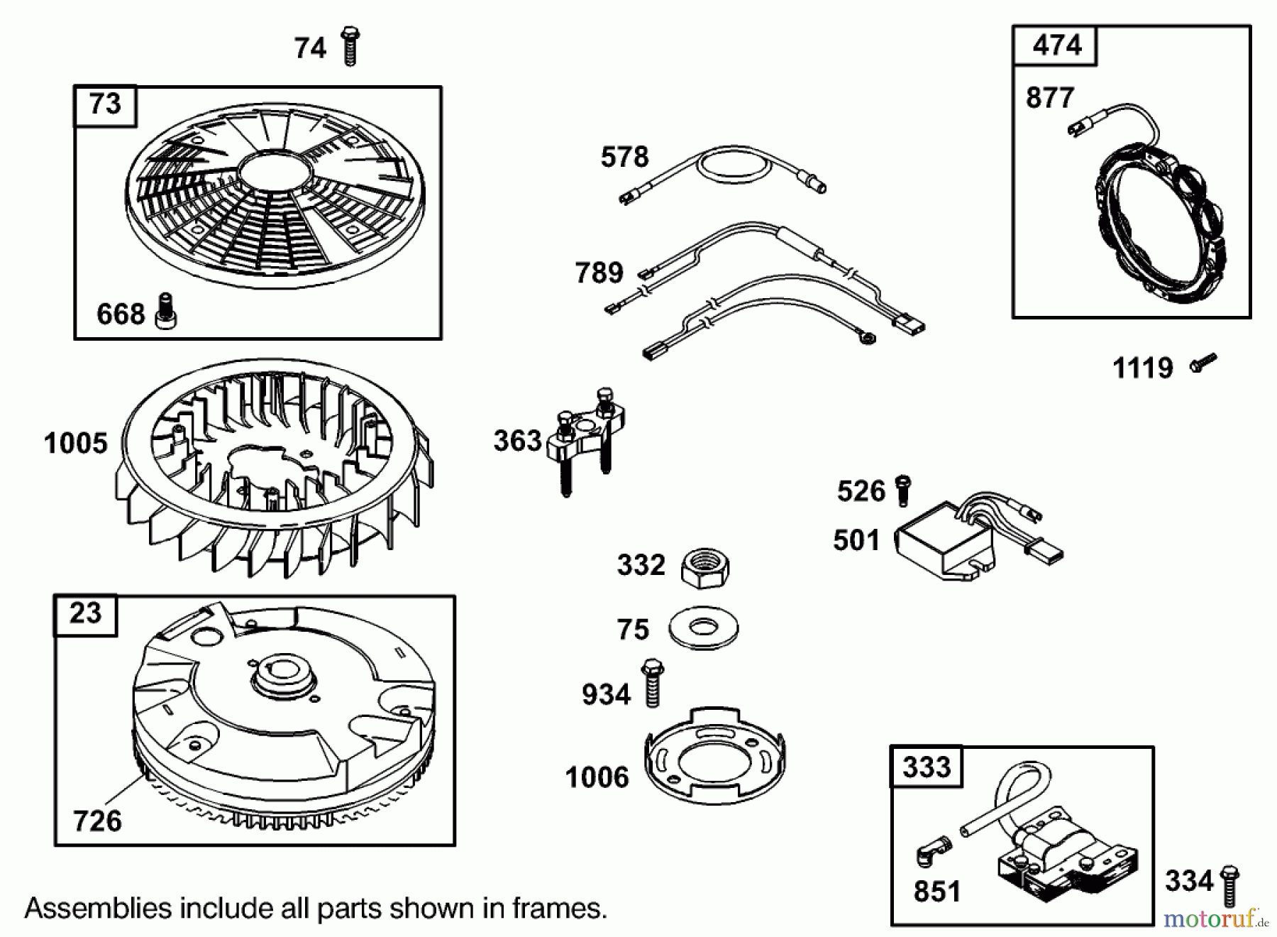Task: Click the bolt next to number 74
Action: click(x=350, y=47)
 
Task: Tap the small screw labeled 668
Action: click(x=167, y=312)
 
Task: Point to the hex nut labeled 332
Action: click(x=705, y=567)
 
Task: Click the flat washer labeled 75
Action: click(x=704, y=628)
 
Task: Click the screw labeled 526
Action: click(x=902, y=491)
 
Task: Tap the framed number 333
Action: click(x=927, y=767)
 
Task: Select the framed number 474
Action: click(x=1056, y=46)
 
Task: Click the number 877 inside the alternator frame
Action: click(x=1050, y=98)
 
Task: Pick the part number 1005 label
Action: click(x=75, y=444)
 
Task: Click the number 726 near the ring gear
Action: click(x=97, y=821)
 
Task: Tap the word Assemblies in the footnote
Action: click(x=98, y=909)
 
